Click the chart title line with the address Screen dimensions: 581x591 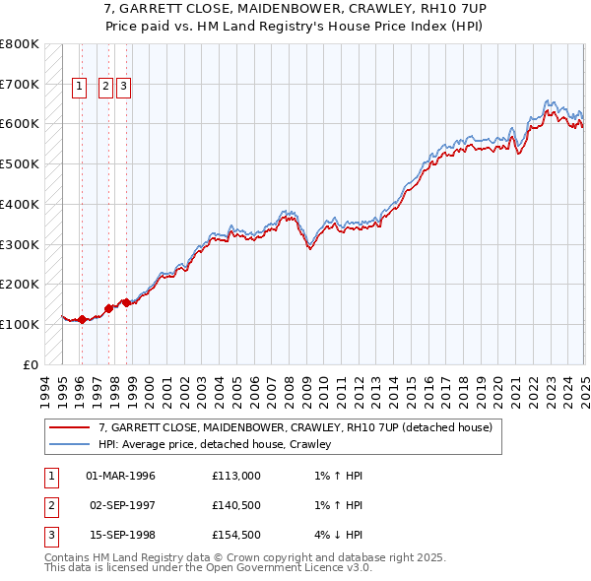coord(295,8)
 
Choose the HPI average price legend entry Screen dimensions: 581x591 coord(215,444)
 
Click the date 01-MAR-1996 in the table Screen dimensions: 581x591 coord(121,476)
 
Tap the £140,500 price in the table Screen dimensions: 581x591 coord(236,505)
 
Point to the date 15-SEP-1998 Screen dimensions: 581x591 coord(121,535)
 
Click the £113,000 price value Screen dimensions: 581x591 coord(236,476)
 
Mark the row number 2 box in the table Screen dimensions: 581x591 coord(49,505)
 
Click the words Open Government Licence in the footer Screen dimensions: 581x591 coord(275,567)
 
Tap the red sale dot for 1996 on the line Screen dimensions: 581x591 coord(82,319)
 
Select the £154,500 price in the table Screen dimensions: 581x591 coord(236,535)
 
